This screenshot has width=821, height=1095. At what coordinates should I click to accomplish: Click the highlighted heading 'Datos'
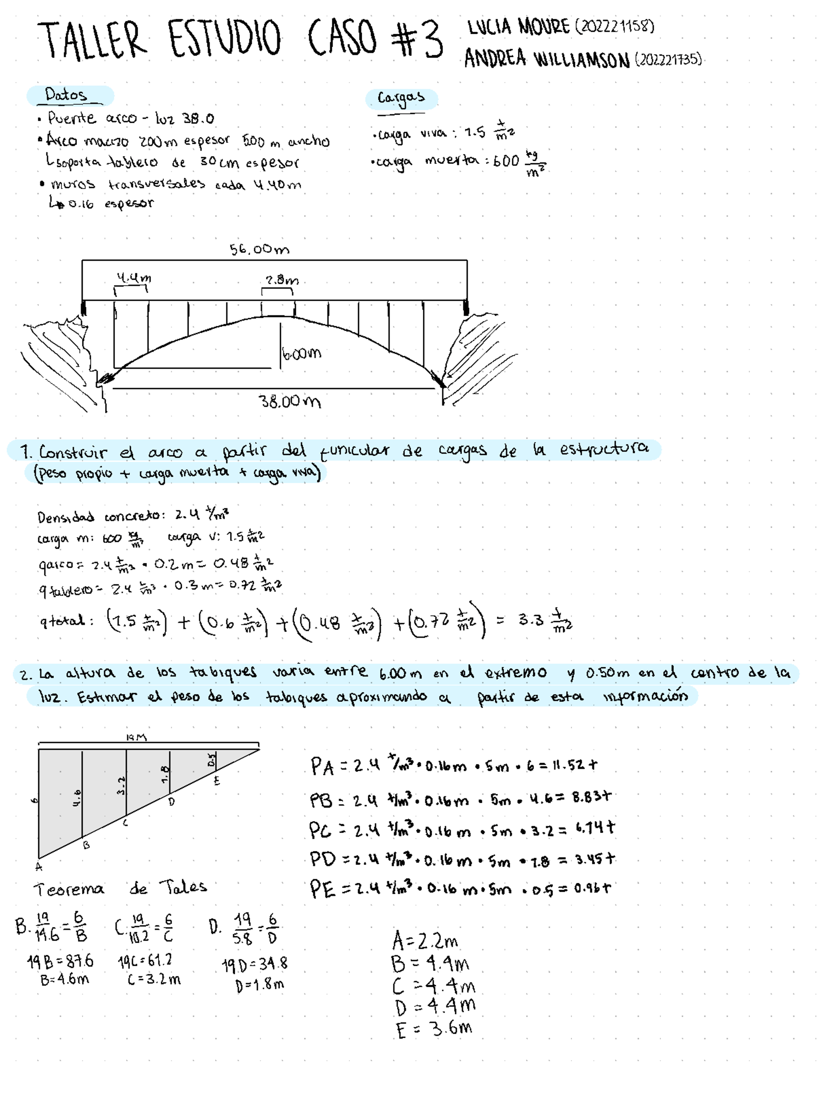pos(66,95)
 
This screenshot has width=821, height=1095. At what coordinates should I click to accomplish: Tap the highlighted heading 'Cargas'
pos(401,98)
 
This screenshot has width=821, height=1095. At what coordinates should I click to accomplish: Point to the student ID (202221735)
pos(668,60)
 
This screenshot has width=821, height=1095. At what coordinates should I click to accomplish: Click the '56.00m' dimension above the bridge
pos(259,249)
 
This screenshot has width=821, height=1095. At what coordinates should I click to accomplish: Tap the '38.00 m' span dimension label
pos(290,401)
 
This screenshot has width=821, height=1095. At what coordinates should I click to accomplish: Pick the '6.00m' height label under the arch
pos(301,353)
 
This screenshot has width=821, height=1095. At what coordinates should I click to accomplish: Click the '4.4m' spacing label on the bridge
pos(133,278)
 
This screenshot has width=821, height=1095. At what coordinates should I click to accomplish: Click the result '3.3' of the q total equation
pos(531,619)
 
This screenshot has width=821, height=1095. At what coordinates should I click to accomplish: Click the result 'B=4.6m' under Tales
pos(64,979)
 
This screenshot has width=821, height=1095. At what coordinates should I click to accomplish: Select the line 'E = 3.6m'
pos(434,1029)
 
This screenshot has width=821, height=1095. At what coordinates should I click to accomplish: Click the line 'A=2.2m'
pos(425,940)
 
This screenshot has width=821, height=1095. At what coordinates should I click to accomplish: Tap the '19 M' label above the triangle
pos(136,737)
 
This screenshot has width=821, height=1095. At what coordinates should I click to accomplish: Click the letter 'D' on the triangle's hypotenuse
pos(171,802)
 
